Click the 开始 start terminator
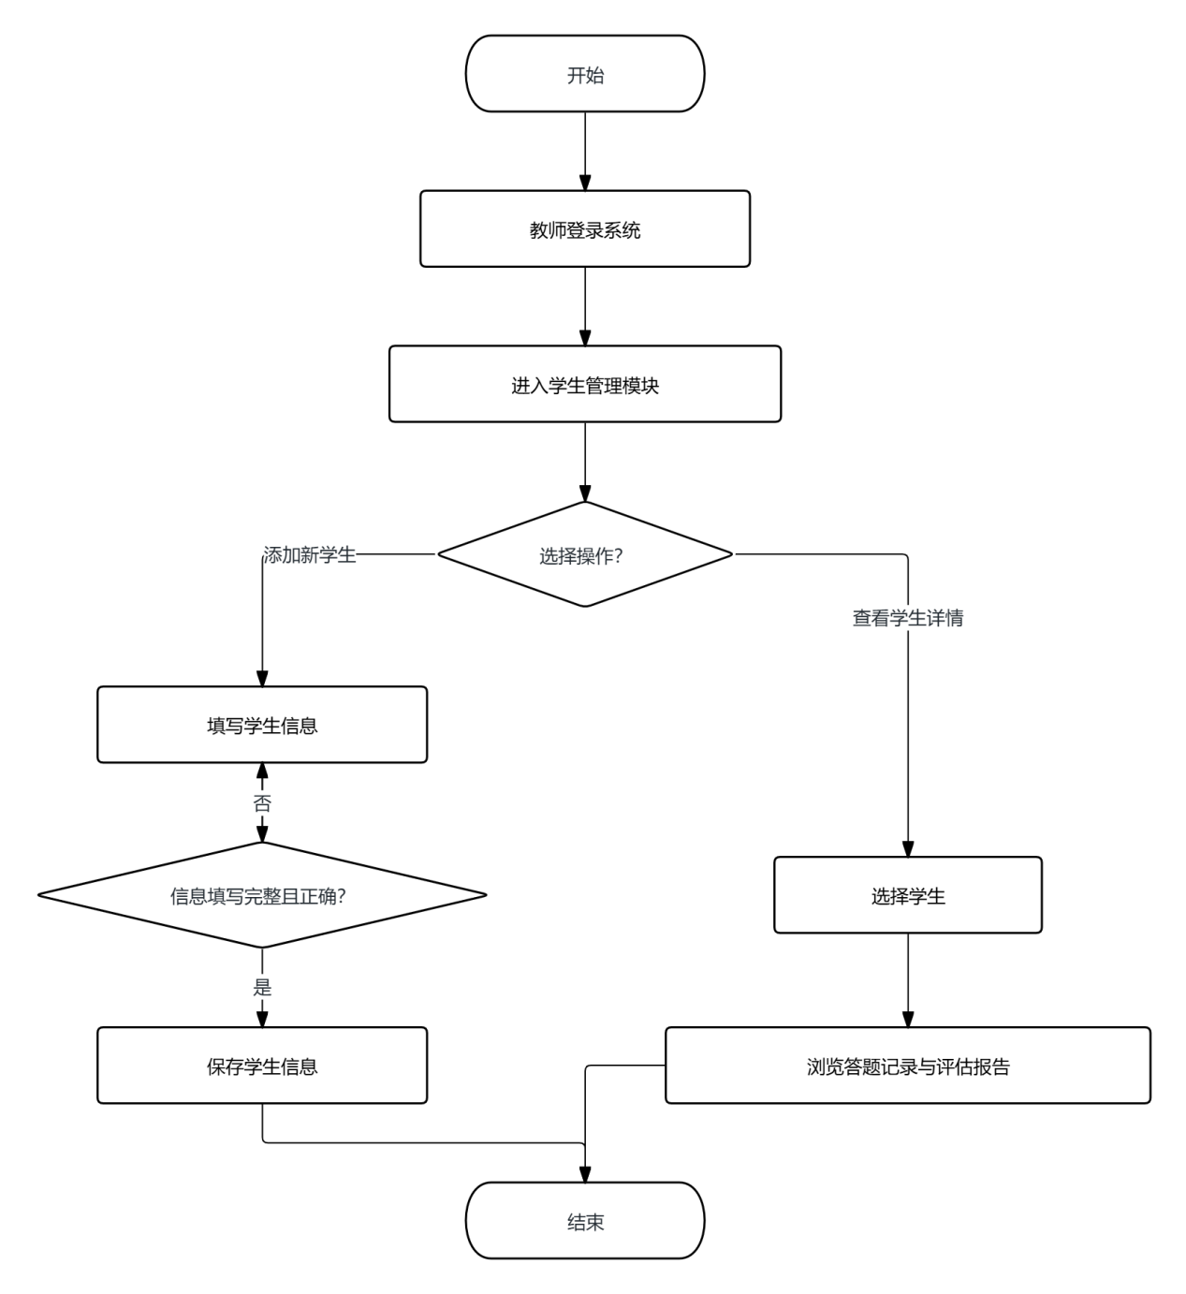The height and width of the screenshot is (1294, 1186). (x=585, y=74)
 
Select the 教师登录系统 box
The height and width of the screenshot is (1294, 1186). (x=585, y=228)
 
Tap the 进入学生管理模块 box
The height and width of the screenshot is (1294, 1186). (x=585, y=384)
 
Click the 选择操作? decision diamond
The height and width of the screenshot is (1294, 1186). (x=585, y=554)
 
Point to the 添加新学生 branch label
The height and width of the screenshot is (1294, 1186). (x=310, y=554)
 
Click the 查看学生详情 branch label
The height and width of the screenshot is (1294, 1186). (x=908, y=618)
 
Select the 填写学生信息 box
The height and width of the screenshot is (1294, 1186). (x=262, y=725)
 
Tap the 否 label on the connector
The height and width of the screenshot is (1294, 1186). (x=262, y=803)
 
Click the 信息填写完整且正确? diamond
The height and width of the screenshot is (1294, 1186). (x=262, y=895)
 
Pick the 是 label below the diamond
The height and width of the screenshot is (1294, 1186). (x=262, y=987)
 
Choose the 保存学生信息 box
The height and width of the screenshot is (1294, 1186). (x=262, y=1066)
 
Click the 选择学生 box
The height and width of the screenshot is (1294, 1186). (x=908, y=895)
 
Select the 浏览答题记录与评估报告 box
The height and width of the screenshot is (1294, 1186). (x=908, y=1066)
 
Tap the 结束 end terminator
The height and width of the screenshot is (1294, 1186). (x=585, y=1220)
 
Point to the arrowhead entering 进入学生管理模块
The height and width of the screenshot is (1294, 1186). (x=585, y=337)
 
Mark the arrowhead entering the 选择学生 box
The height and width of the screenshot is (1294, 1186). (x=908, y=848)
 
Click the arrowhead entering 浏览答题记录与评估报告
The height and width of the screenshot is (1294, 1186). (x=908, y=1020)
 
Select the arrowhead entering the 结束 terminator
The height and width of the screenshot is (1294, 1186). (x=585, y=1174)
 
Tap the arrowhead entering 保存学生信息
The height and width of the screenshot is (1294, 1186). (x=262, y=1020)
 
